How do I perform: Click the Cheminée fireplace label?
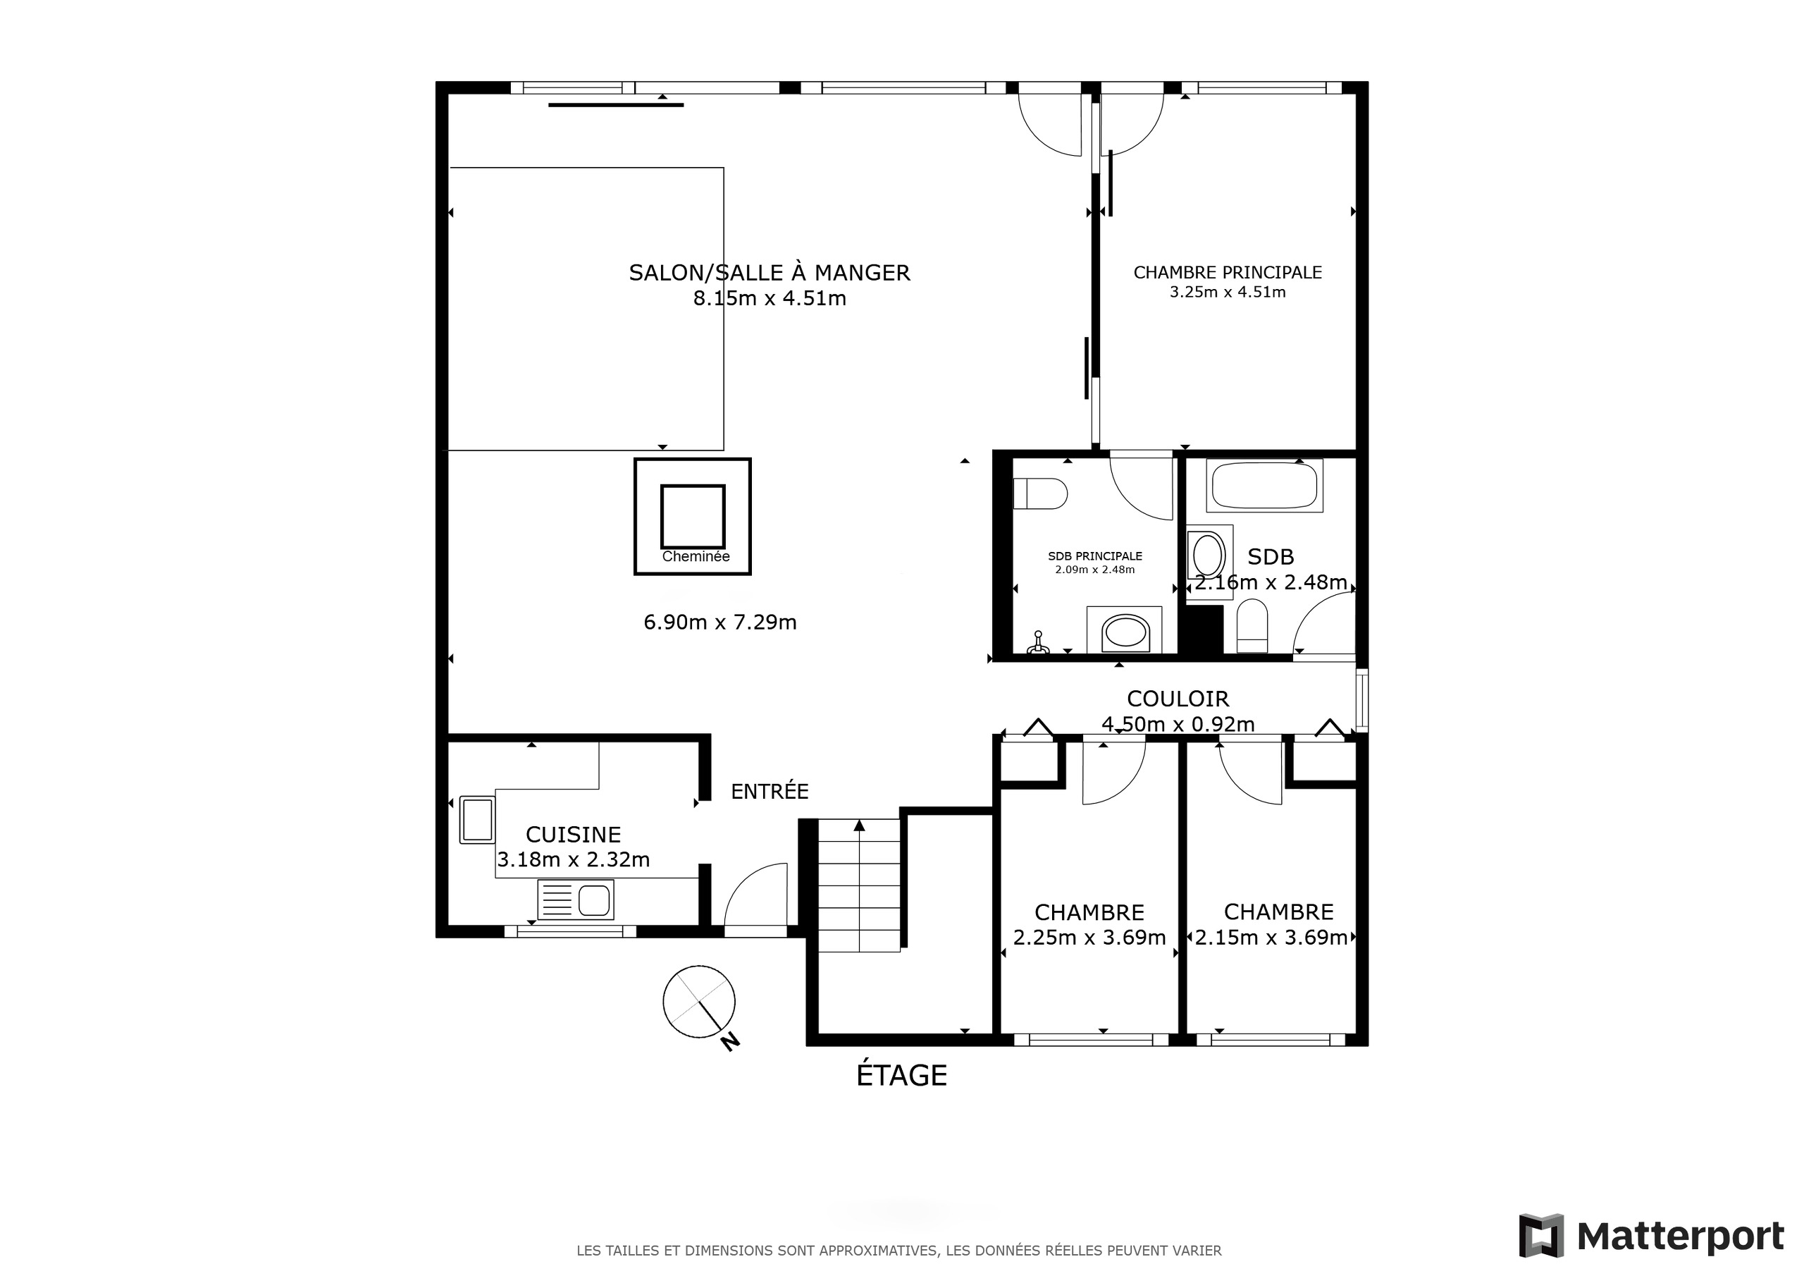[696, 557]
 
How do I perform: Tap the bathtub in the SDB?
[1264, 485]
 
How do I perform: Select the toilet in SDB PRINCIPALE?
[1040, 493]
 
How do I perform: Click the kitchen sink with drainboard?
[576, 899]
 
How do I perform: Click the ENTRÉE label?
[770, 792]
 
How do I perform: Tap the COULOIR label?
[1178, 698]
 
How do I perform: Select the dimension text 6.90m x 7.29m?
[719, 622]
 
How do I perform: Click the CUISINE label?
[573, 834]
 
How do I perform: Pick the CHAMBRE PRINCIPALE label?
[1228, 272]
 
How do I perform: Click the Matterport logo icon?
[1542, 1236]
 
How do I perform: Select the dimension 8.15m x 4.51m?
[770, 299]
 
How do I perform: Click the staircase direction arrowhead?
[860, 825]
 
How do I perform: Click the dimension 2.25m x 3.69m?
[1089, 937]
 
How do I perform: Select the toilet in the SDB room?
[1252, 626]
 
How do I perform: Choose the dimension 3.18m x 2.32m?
[573, 859]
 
